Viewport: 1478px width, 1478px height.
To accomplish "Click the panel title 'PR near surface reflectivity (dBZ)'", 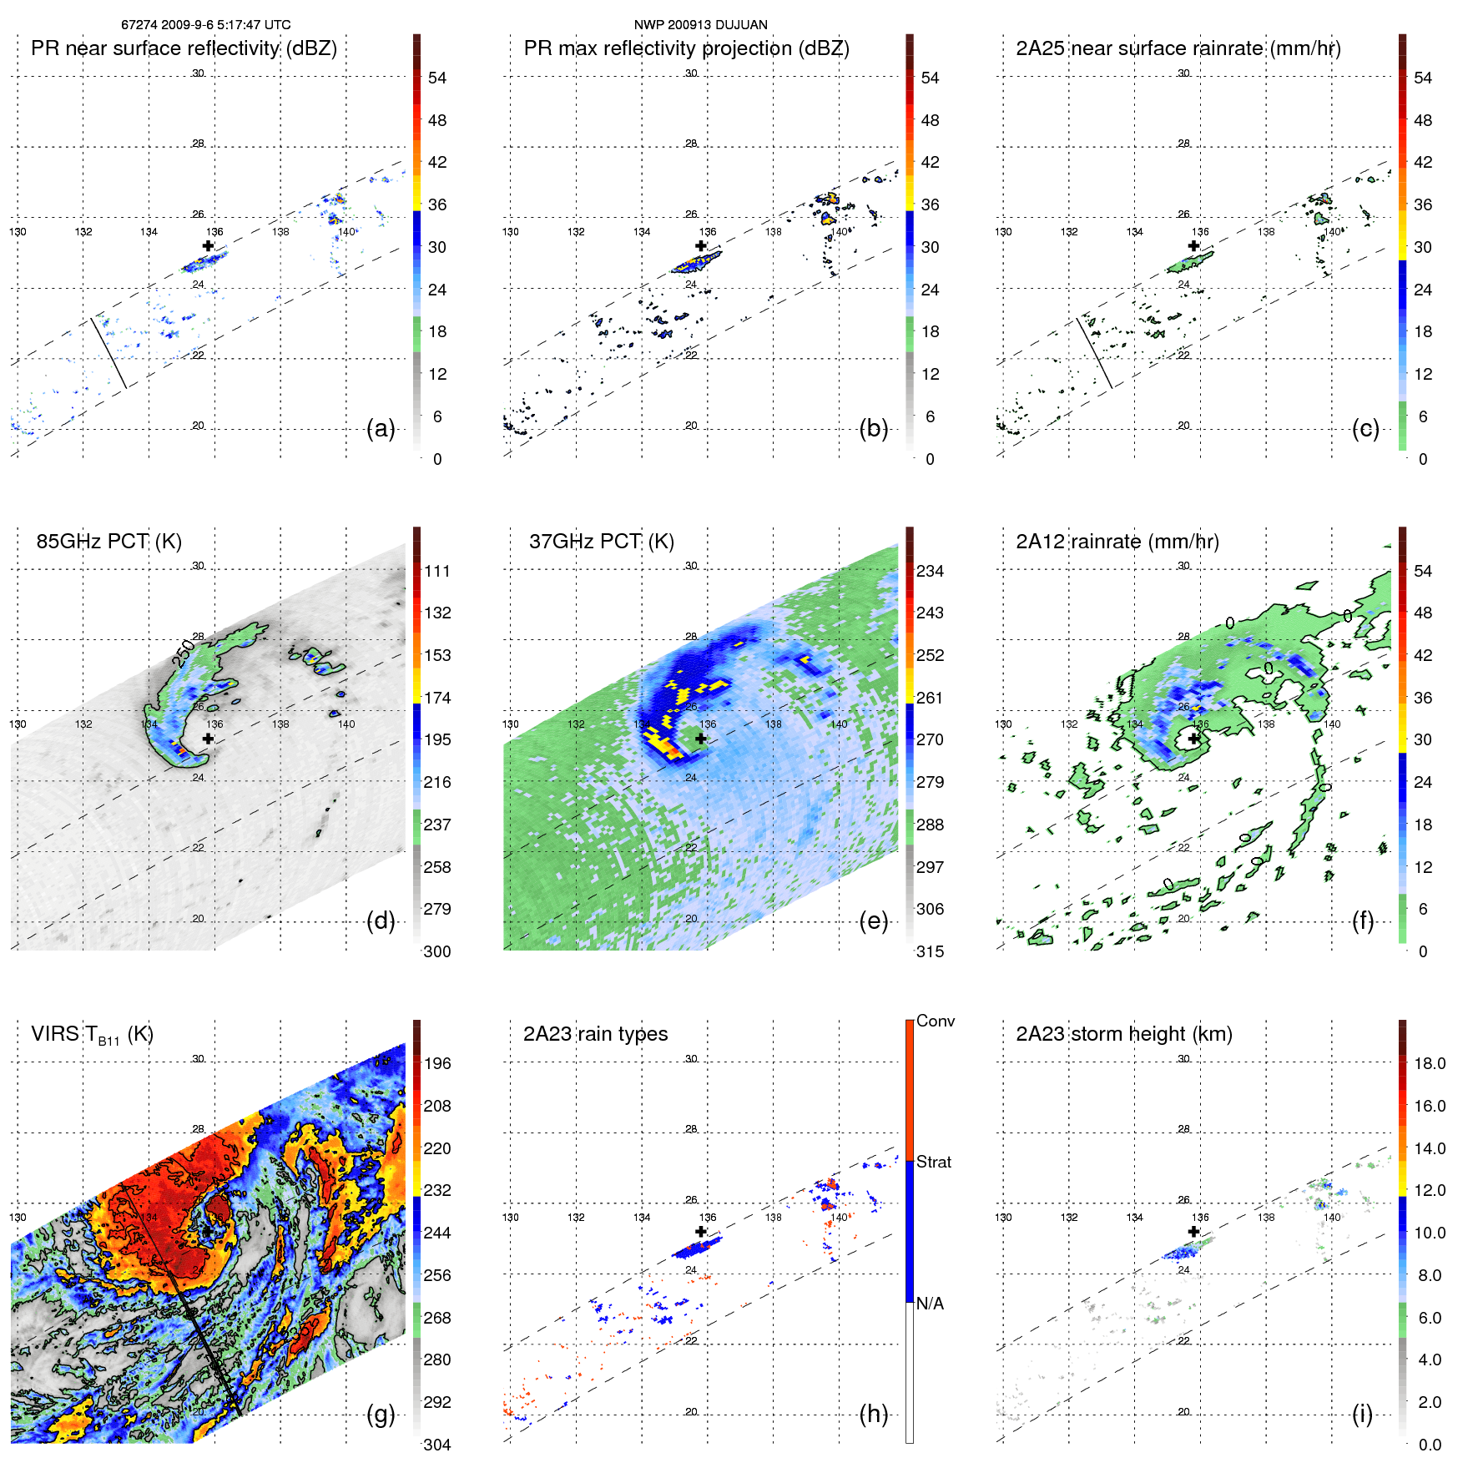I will pos(184,48).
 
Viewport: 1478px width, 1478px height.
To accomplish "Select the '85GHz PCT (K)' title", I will pos(108,541).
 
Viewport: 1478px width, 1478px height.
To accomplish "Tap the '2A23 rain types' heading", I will pos(595,1034).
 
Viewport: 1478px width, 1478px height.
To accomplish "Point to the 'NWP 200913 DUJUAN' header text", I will pos(700,25).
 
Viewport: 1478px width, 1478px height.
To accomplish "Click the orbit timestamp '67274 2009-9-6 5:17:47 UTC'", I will pos(205,25).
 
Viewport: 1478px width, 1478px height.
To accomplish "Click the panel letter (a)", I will pos(381,429).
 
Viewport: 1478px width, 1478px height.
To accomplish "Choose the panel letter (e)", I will pos(873,921).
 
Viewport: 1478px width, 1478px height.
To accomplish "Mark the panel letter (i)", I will pos(1362,1414).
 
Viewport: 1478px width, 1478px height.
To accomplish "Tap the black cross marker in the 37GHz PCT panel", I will pos(701,739).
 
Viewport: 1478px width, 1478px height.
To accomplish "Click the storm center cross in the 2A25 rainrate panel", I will pos(1194,246).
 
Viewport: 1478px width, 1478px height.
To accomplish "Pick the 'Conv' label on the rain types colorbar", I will pos(935,1021).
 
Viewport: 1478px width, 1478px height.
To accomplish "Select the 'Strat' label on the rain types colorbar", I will pos(933,1162).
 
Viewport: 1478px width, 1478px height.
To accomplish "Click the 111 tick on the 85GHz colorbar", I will pos(437,571).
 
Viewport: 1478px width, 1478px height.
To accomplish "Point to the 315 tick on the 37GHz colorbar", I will pos(930,951).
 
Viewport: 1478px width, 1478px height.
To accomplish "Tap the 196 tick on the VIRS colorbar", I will pos(437,1063).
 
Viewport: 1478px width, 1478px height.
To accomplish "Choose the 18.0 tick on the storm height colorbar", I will pos(1430,1063).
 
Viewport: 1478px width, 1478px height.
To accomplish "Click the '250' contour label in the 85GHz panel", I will pos(184,653).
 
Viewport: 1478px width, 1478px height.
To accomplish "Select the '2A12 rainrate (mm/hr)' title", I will pos(1117,541).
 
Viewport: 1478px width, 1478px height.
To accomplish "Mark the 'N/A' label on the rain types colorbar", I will pos(930,1304).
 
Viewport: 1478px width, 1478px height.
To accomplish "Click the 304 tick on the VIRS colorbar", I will pos(437,1445).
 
